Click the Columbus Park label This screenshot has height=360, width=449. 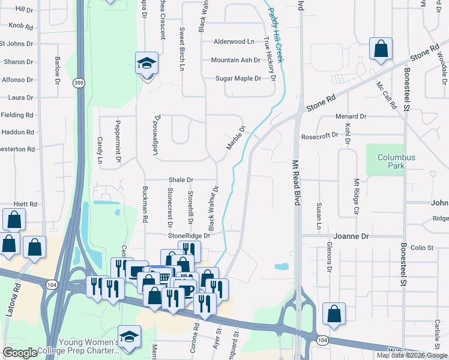coord(396,161)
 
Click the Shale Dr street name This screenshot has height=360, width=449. coord(181,179)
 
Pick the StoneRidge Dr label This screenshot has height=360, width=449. coord(189,236)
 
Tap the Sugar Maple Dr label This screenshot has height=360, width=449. coord(238,79)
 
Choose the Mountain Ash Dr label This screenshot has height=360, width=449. coord(235,61)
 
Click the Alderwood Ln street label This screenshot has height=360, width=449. coord(234,42)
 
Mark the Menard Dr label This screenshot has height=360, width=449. coord(351,116)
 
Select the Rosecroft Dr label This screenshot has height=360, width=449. coord(319,136)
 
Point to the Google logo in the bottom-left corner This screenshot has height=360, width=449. coord(20,353)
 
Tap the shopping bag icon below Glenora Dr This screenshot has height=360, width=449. coord(334,313)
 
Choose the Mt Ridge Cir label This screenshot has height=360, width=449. coord(356,197)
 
